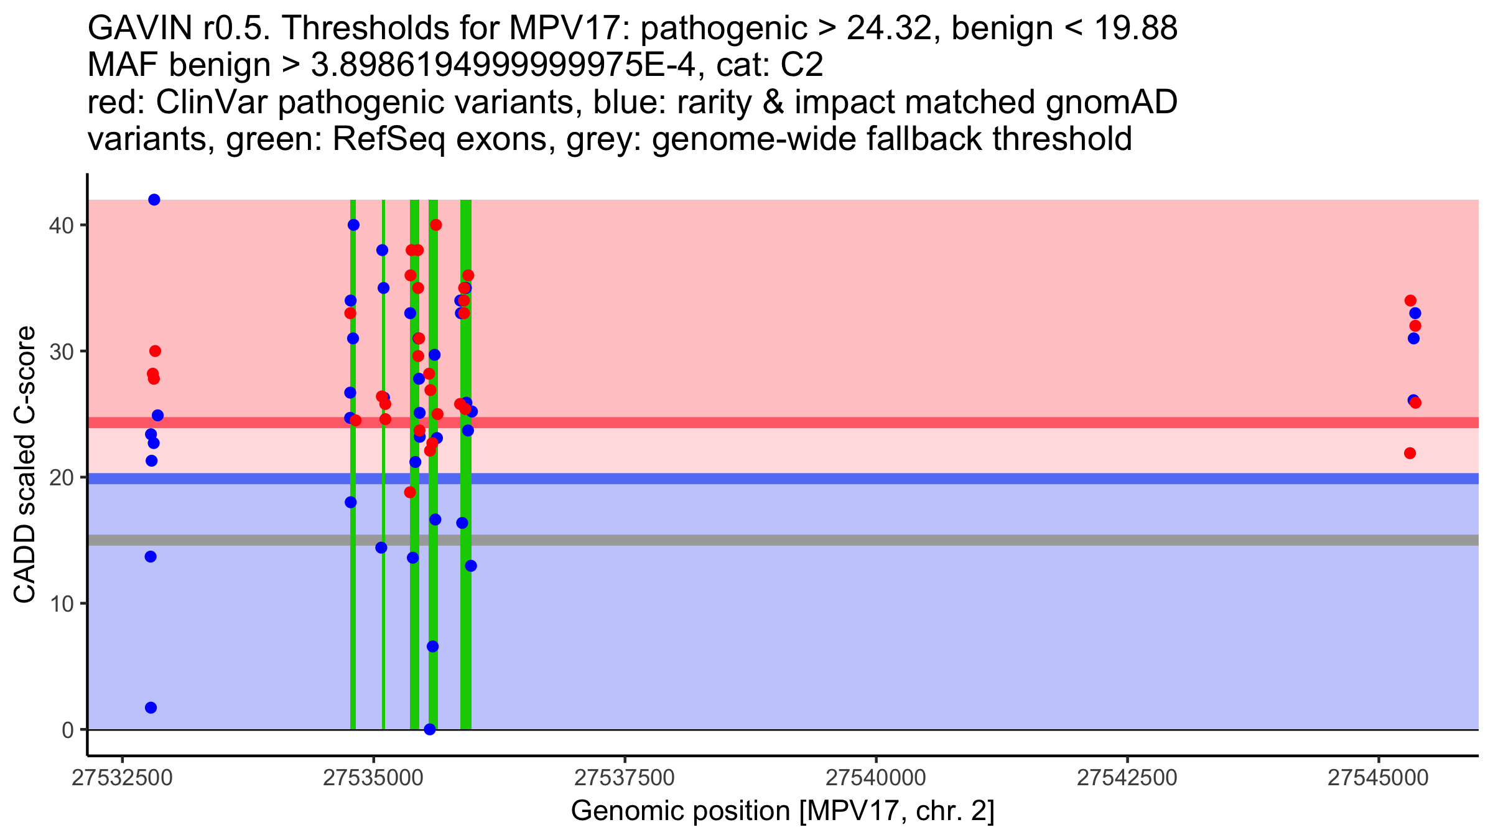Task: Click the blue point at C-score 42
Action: (x=154, y=200)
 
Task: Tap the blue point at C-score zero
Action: (x=430, y=729)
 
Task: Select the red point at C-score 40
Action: (x=436, y=225)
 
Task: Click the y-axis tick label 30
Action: (x=61, y=352)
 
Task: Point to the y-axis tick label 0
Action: (x=68, y=730)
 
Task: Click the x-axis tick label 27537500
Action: (x=624, y=778)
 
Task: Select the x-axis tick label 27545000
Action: (x=1379, y=778)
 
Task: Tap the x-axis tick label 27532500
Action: (x=122, y=778)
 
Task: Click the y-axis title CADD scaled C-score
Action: (x=25, y=466)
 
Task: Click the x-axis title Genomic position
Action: (x=782, y=811)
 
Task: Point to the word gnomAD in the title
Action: (x=1111, y=102)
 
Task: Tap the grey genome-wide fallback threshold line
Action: (x=871, y=540)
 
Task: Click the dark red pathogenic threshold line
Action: (x=871, y=422)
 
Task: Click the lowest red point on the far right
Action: (x=1410, y=453)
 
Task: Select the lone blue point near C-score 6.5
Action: (x=433, y=646)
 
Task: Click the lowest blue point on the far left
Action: (x=151, y=707)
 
